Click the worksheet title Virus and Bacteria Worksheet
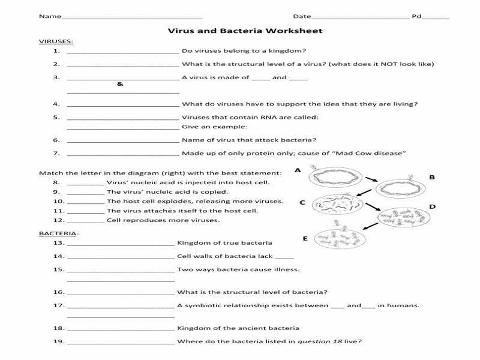click(245, 31)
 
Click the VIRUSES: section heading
click(56, 41)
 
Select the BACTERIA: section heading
click(59, 233)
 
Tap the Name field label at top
click(50, 16)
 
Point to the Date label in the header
click(302, 16)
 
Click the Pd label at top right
click(416, 16)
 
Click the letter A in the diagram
click(298, 170)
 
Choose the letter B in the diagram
click(432, 177)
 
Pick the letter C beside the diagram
click(302, 202)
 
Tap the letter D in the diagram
click(433, 206)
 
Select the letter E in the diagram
click(305, 238)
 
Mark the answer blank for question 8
click(86, 184)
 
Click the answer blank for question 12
click(86, 221)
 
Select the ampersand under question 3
click(120, 84)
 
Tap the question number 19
click(58, 341)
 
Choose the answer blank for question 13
click(121, 244)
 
